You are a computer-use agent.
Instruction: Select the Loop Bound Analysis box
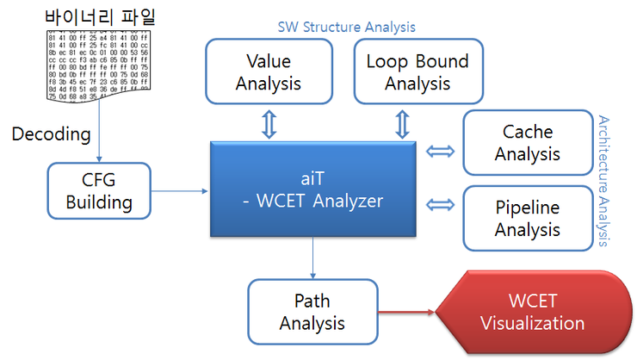(417, 72)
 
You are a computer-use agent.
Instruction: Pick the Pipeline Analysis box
(528, 219)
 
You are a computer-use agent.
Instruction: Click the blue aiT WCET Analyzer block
(312, 190)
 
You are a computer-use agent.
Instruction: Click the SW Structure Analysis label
(346, 27)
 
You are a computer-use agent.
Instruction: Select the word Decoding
(51, 133)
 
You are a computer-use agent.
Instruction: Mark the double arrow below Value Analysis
(269, 123)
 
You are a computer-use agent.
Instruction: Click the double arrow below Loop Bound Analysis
(402, 123)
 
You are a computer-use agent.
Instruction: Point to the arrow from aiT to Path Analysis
(312, 258)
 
